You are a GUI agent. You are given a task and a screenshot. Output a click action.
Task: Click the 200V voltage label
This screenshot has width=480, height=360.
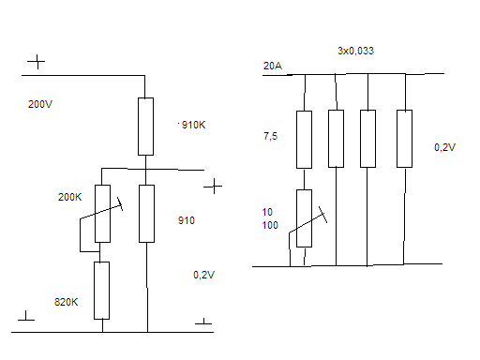(40, 104)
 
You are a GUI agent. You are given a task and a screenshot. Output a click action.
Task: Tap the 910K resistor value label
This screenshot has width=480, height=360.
(193, 125)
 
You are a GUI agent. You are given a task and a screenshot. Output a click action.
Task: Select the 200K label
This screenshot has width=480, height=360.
(69, 197)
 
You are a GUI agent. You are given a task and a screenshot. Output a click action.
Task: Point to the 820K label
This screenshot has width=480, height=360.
(66, 302)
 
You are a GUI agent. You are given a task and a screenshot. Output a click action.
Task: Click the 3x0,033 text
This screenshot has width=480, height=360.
(355, 51)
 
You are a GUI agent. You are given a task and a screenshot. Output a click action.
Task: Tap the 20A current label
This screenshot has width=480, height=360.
(273, 66)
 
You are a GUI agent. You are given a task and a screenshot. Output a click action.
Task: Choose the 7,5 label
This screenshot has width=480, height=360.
(270, 136)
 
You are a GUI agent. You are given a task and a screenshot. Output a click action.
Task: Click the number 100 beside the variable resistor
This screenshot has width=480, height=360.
(270, 225)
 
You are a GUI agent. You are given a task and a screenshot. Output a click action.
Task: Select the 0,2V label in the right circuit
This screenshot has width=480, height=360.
(444, 147)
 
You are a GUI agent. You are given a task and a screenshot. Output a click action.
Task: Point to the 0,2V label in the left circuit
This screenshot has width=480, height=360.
(203, 275)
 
